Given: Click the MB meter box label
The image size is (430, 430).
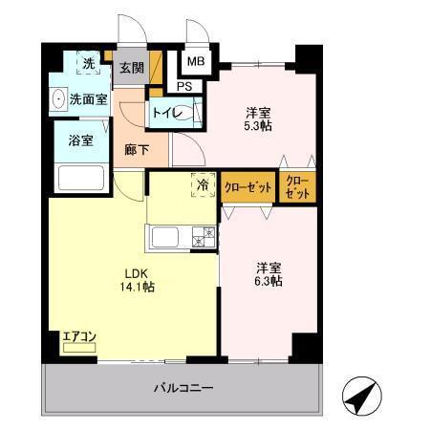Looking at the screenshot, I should tap(195, 63).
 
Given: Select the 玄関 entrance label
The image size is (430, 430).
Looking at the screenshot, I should tap(131, 68).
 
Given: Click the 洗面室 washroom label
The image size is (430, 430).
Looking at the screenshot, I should tap(87, 99).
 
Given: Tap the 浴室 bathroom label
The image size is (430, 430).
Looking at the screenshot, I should tap(80, 140).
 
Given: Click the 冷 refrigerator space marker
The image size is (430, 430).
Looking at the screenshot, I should tap(203, 183).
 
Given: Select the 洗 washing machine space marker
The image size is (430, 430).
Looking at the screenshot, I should tap(88, 65).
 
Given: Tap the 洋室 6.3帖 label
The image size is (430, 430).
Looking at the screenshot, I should tap(268, 273).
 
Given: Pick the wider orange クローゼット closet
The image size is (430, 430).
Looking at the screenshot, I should tap(248, 186).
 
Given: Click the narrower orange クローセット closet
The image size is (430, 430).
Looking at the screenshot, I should tap(297, 186).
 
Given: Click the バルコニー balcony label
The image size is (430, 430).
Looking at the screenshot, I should tap(183, 389).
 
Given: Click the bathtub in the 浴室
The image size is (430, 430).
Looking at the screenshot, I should tap(80, 177).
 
